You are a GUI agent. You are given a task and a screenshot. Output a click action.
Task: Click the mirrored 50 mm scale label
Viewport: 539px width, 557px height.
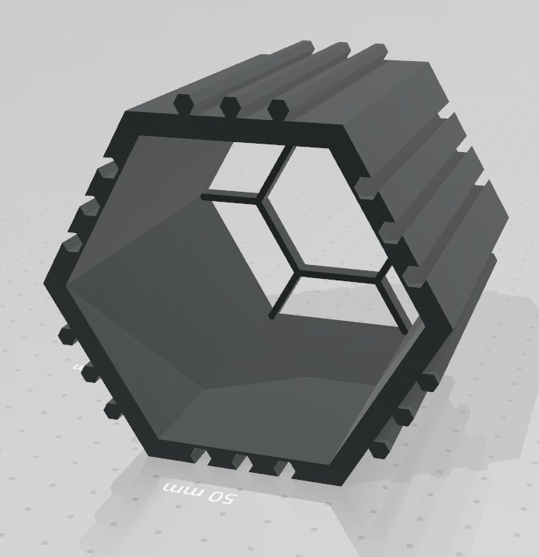(200, 493)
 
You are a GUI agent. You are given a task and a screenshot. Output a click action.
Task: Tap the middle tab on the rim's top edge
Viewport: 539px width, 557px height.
(229, 107)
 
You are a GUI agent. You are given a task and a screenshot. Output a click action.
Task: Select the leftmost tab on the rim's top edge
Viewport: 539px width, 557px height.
(183, 103)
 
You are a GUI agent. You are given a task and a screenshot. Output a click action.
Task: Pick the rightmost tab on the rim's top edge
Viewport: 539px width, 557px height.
(276, 108)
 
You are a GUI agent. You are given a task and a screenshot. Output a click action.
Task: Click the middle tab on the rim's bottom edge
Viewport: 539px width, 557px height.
(243, 461)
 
